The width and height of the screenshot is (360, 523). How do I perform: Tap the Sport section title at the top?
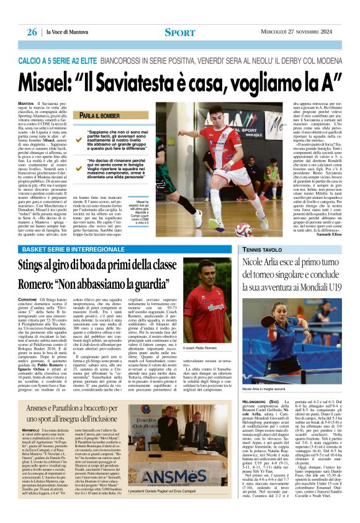pyautogui.click(x=180, y=32)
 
